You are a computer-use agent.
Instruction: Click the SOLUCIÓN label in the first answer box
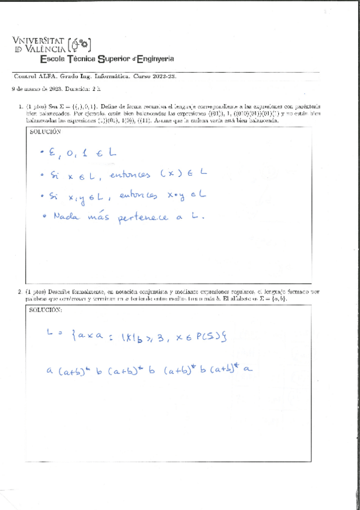point(45,131)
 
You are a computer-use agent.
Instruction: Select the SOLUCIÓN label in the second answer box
point(45,310)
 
